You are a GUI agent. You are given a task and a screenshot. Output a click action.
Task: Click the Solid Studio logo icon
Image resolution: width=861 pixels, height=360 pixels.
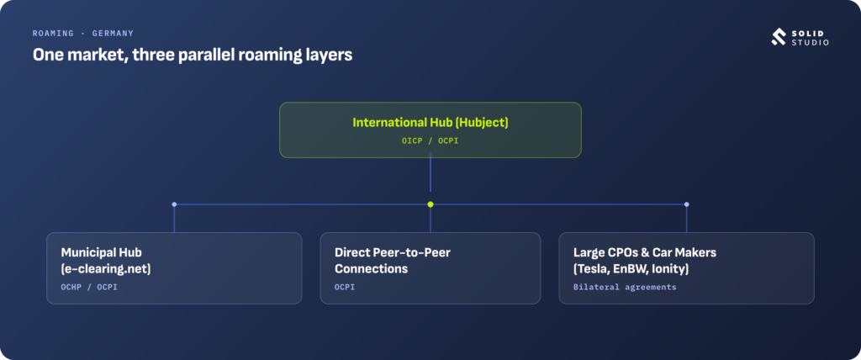coord(778,37)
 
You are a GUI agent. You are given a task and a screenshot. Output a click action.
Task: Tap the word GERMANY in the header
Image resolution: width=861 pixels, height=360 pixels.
coord(113,34)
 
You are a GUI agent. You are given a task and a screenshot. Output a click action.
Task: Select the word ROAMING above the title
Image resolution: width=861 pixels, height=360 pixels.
coord(53,34)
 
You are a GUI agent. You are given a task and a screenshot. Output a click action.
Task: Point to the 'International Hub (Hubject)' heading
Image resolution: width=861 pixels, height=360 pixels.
coord(430,122)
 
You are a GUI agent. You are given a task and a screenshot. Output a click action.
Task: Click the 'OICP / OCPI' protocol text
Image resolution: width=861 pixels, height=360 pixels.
coord(430,141)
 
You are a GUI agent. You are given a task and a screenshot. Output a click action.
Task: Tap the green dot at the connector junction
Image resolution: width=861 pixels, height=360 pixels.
coord(430,204)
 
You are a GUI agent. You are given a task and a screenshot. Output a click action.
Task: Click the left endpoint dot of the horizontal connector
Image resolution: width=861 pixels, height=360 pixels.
coord(174,204)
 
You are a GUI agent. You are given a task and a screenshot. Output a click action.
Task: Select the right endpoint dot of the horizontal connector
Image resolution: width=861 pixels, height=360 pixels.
coord(686,204)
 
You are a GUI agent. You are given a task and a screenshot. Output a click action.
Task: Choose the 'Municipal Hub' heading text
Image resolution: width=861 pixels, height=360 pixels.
coord(101,252)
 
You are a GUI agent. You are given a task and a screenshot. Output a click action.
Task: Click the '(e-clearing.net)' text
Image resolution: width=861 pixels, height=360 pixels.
coord(106,269)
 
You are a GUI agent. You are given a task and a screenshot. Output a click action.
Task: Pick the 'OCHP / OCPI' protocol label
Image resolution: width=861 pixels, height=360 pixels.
coord(89,287)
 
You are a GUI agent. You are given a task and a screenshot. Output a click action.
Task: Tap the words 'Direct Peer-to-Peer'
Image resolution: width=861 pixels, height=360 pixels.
coord(393,252)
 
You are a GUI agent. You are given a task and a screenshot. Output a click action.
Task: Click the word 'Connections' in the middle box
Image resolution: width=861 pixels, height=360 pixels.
coord(371,269)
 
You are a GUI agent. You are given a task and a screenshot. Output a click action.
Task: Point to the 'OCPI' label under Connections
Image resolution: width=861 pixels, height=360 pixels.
coord(345,287)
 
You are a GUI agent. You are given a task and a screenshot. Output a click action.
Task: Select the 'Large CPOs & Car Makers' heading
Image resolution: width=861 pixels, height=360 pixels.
coord(645,252)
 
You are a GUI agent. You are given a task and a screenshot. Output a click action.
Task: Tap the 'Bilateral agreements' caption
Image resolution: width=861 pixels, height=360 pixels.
coord(625,287)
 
